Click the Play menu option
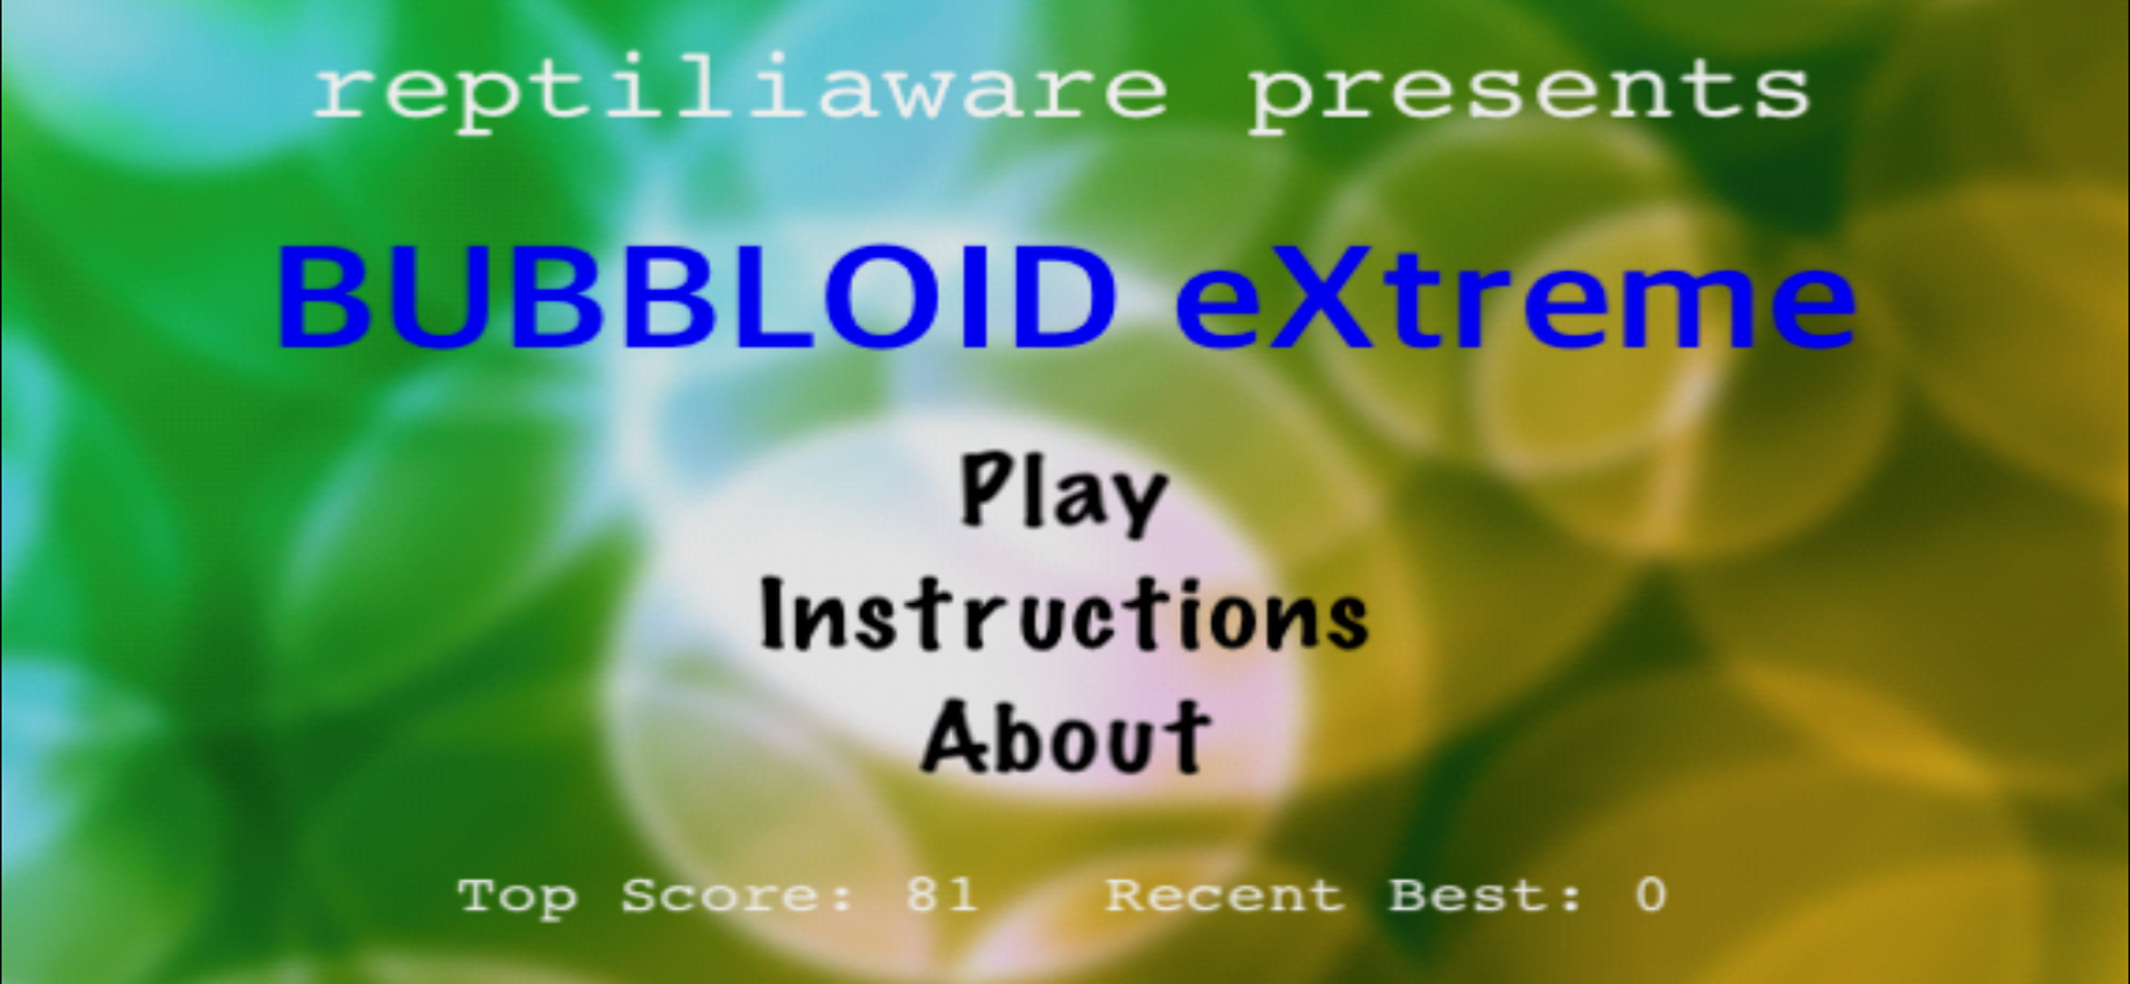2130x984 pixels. click(x=1063, y=494)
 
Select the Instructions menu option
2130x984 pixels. click(x=1064, y=613)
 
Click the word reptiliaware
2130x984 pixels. click(x=741, y=93)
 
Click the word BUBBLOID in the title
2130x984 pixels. click(x=696, y=297)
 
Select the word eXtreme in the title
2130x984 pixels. click(x=1516, y=297)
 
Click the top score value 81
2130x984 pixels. click(x=941, y=894)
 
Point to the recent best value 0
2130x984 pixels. click(x=1651, y=894)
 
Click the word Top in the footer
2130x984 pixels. click(x=517, y=897)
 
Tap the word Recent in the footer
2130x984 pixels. click(x=1225, y=894)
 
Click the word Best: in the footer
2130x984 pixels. click(x=1486, y=894)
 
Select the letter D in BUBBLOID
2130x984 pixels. click(x=1067, y=297)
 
